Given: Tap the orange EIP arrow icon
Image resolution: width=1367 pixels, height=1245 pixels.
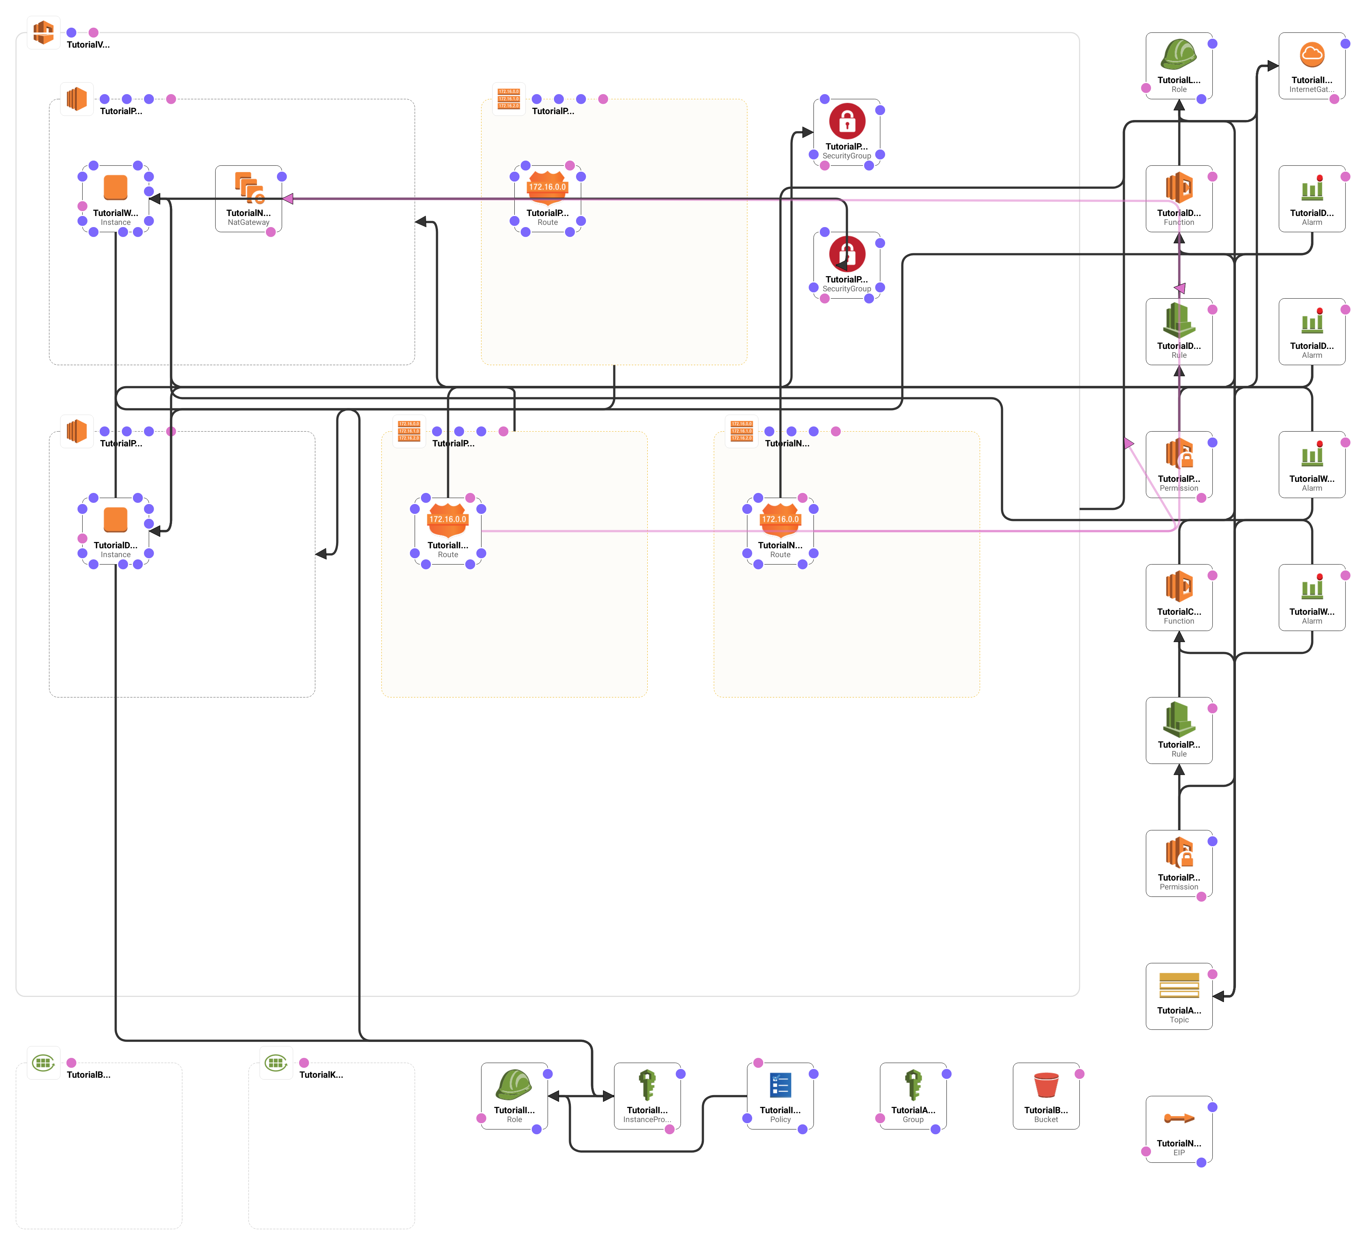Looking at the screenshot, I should coord(1179,1118).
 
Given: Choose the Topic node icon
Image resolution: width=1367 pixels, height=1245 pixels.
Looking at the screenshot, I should coord(1179,985).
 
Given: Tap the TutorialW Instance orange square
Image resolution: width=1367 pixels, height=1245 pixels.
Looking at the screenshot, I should coord(115,187).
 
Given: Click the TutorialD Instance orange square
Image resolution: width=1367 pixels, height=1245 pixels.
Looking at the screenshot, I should coord(115,519).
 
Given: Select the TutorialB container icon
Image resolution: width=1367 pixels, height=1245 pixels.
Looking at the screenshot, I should coord(44,1063).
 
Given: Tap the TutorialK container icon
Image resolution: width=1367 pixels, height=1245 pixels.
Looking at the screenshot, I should coord(276,1063).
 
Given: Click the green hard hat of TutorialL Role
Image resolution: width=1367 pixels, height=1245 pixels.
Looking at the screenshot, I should coord(1179,54).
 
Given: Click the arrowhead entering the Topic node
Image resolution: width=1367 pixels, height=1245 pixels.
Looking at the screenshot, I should coord(1219,996).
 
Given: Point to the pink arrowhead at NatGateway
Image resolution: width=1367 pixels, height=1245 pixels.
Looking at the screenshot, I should coord(288,199).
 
